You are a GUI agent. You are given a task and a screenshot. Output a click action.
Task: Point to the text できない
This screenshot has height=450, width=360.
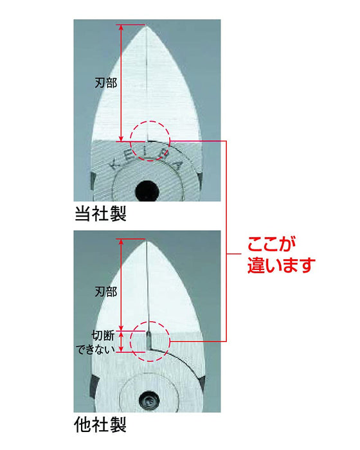click(96, 348)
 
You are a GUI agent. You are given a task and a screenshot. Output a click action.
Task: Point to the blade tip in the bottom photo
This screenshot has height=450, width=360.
click(147, 239)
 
